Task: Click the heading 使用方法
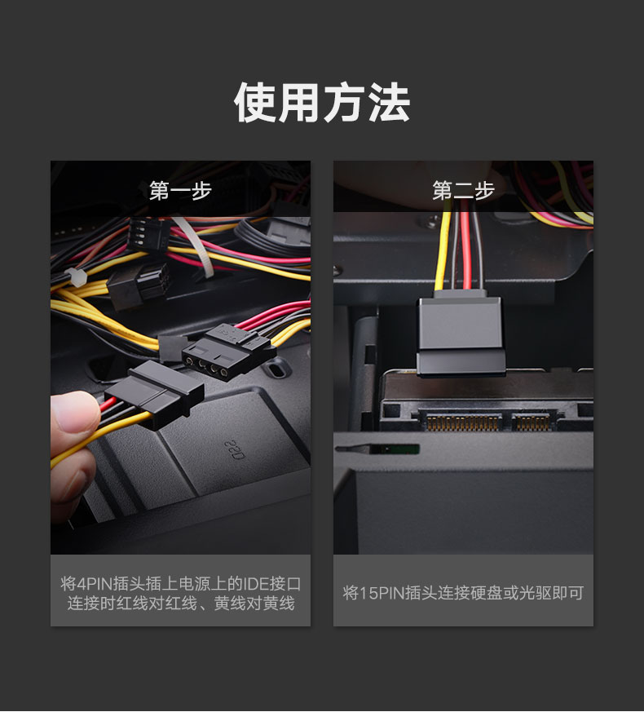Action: point(322,104)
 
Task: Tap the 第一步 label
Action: point(180,191)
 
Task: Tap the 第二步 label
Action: point(463,191)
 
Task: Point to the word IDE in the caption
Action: point(257,584)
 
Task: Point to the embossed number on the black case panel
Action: point(233,448)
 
